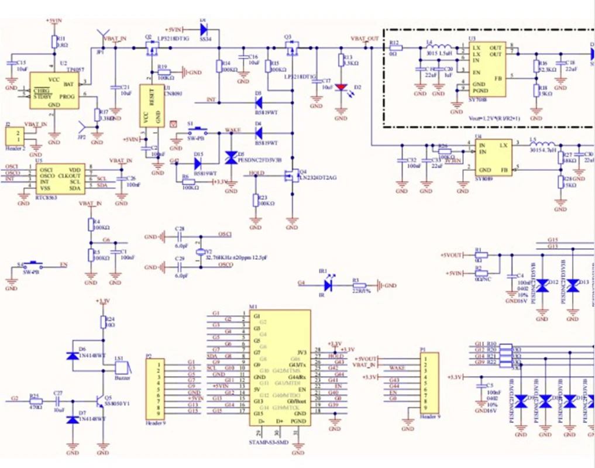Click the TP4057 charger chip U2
point(54,90)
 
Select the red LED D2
point(341,88)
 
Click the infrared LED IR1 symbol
point(328,285)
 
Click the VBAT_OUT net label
point(364,39)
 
